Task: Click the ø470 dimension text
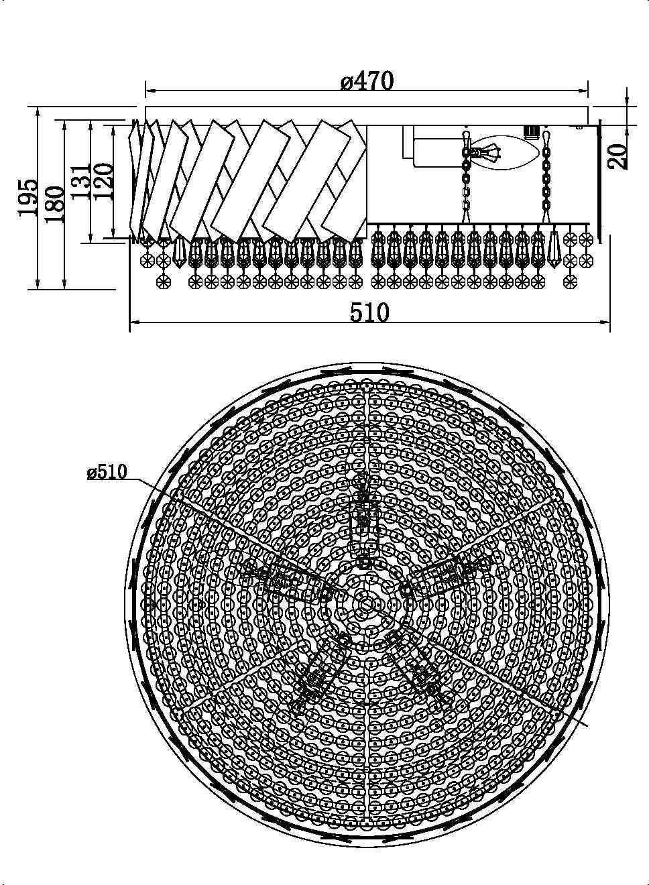pyautogui.click(x=367, y=82)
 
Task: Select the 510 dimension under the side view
pyautogui.click(x=369, y=312)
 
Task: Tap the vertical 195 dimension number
pyautogui.click(x=27, y=198)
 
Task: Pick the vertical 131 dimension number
pyautogui.click(x=80, y=181)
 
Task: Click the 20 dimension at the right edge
pyautogui.click(x=619, y=156)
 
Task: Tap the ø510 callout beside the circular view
pyautogui.click(x=107, y=472)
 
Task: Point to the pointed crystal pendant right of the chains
pyautogui.click(x=554, y=247)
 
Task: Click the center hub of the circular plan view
pyautogui.click(x=366, y=604)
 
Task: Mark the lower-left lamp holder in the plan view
pyautogui.click(x=318, y=670)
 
